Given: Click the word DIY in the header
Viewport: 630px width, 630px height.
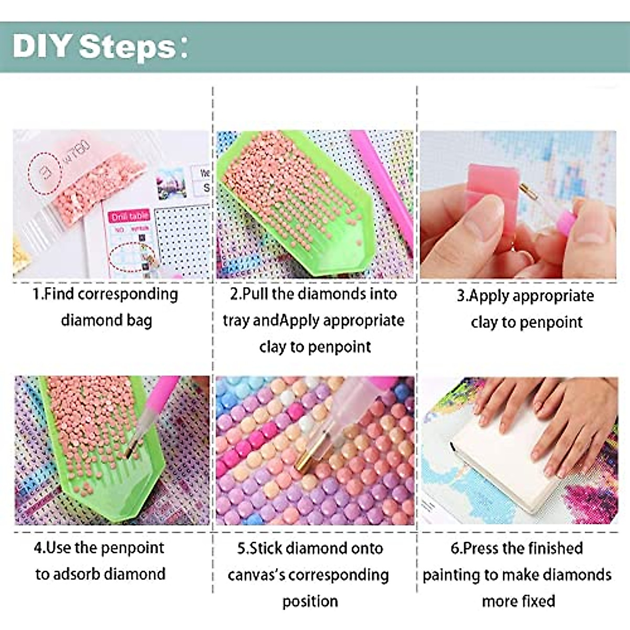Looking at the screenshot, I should click(x=42, y=46).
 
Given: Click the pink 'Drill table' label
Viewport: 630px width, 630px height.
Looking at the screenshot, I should click(x=130, y=216).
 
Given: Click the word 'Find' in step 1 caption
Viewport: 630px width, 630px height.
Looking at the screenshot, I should click(x=59, y=294).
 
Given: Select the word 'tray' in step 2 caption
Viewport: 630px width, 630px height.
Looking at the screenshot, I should click(x=236, y=321).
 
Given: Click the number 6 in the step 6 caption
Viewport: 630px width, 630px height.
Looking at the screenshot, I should click(x=455, y=549).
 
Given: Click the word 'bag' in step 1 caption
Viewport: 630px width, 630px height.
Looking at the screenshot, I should click(x=139, y=321).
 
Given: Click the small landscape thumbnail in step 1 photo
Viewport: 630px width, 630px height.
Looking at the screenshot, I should click(x=171, y=183).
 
